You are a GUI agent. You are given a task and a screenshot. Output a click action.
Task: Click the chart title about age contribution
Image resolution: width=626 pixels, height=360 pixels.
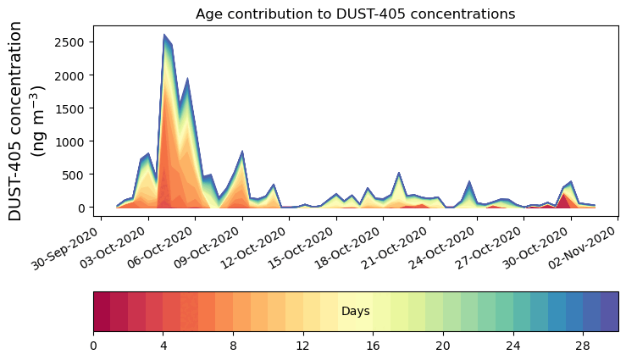pyautogui.click(x=355, y=14)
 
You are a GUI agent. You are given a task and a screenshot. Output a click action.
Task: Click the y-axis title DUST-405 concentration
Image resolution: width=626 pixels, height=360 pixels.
pyautogui.click(x=29, y=120)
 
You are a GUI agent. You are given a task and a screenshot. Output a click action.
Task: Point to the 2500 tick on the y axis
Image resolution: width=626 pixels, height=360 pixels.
pyautogui.click(x=72, y=42)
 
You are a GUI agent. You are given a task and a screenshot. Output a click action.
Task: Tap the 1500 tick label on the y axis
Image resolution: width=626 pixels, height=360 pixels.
pyautogui.click(x=72, y=108)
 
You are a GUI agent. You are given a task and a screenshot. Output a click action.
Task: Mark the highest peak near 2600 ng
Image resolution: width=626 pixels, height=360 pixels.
pyautogui.click(x=164, y=36)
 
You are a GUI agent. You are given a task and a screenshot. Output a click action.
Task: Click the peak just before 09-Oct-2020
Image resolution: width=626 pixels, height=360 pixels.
pyautogui.click(x=242, y=152)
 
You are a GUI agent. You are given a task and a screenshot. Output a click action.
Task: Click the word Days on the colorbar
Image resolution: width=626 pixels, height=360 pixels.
pyautogui.click(x=355, y=312)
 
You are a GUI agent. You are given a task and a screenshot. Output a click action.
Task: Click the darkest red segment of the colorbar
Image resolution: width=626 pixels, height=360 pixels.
pyautogui.click(x=102, y=312)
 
